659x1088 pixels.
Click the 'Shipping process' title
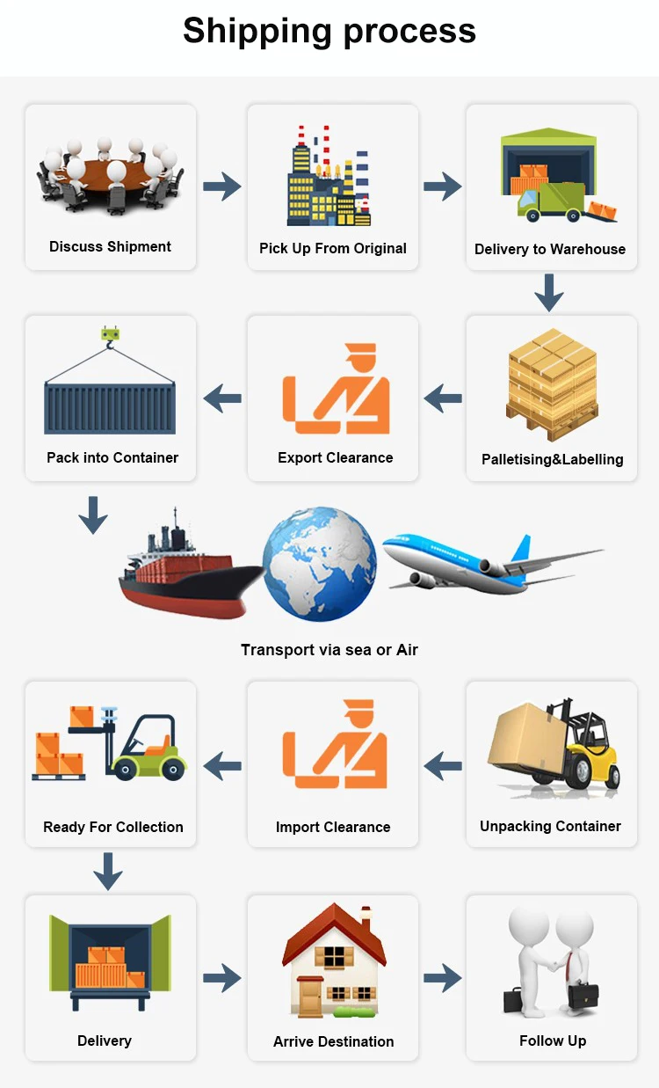329,32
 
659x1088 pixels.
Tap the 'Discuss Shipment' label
110,246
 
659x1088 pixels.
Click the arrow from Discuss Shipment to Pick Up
221,186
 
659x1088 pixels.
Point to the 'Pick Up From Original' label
333,248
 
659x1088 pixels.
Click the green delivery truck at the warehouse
551,201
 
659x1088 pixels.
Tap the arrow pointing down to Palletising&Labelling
549,292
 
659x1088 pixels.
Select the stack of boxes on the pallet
553,384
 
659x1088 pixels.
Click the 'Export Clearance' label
335,457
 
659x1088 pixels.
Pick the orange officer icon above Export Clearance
335,390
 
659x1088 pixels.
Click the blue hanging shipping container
110,406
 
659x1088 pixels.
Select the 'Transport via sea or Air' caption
329,650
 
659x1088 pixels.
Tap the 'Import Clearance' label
333,827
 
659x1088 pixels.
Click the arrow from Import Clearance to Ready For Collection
222,766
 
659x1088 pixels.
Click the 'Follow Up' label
553,1041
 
